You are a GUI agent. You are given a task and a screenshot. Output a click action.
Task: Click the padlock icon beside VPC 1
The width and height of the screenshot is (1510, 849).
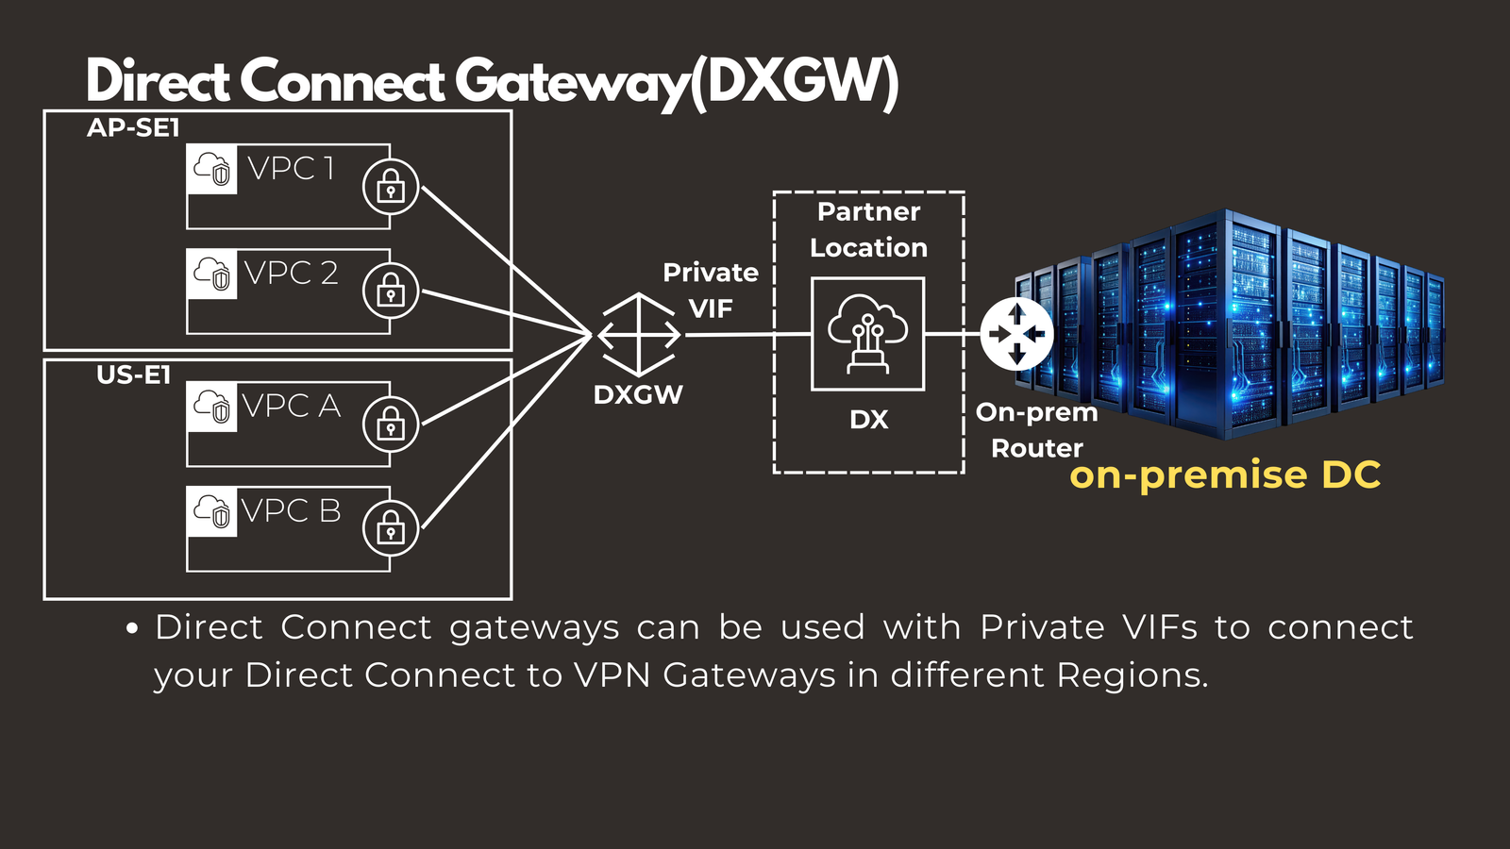(391, 187)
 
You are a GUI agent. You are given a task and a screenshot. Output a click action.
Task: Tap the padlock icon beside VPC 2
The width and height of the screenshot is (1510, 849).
(391, 291)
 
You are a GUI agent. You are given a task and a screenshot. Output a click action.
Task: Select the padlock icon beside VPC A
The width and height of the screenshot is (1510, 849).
(391, 424)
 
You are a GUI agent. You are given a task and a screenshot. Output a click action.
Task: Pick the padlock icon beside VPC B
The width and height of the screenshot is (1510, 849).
(391, 529)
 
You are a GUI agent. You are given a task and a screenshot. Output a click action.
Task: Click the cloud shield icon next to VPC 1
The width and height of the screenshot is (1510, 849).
(212, 170)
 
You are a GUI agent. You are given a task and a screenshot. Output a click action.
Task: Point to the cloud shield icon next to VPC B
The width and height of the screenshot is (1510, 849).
(212, 512)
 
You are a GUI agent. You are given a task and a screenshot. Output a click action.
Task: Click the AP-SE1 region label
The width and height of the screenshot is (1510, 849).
(133, 128)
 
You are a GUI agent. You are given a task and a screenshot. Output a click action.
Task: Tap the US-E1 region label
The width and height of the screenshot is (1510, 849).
(133, 375)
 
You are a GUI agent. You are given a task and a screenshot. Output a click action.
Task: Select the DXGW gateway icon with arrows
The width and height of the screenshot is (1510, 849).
(639, 335)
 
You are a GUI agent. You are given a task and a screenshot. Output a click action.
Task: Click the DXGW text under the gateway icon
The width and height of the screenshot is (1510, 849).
(638, 395)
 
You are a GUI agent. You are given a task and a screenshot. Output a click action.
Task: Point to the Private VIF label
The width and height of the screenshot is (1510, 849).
(711, 291)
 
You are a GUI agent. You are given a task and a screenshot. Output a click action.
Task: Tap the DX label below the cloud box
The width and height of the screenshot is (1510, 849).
(868, 420)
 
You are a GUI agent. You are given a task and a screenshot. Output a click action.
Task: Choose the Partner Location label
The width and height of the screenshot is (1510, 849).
(868, 229)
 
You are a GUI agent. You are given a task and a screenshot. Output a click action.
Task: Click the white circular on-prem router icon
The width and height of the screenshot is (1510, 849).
(1016, 334)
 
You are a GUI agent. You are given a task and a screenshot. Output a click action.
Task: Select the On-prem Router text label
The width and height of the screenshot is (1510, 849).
(1036, 430)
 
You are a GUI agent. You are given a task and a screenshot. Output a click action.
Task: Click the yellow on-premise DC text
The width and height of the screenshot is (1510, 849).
(1225, 475)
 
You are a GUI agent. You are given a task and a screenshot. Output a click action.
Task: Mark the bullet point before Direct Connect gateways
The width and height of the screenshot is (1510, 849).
(133, 628)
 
